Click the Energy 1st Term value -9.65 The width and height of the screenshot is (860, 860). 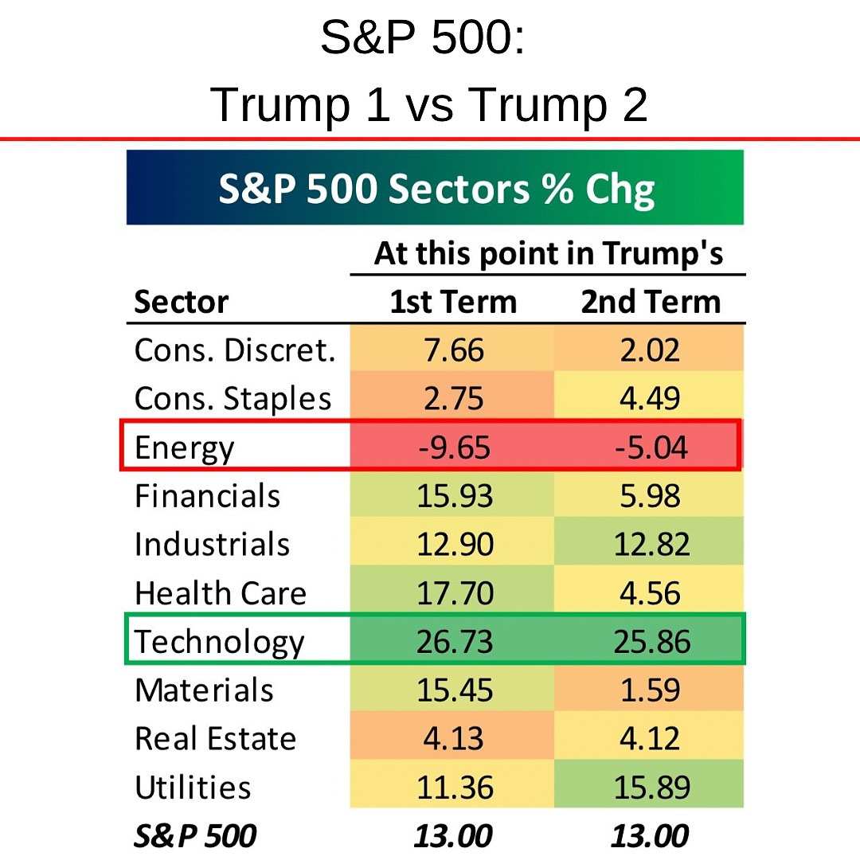pyautogui.click(x=455, y=448)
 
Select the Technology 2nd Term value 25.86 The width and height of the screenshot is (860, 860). pyautogui.click(x=651, y=642)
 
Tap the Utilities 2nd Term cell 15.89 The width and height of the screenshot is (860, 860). pyautogui.click(x=651, y=788)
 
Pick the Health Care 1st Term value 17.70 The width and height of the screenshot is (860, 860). pyautogui.click(x=455, y=593)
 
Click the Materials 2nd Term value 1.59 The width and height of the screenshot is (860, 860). pyautogui.click(x=651, y=690)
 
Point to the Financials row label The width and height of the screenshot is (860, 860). pyautogui.click(x=207, y=496)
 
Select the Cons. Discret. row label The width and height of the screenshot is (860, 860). pyautogui.click(x=235, y=350)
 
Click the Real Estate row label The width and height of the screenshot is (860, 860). pyautogui.click(x=215, y=739)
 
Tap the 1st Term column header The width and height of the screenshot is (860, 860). pyautogui.click(x=453, y=303)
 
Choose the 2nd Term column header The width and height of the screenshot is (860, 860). pyautogui.click(x=651, y=303)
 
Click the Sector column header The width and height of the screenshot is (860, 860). pyautogui.click(x=182, y=303)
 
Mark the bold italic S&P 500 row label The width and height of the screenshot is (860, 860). pyautogui.click(x=196, y=836)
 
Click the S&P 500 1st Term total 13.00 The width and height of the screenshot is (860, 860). pyautogui.click(x=453, y=836)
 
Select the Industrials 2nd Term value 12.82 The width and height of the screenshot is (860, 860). pyautogui.click(x=651, y=545)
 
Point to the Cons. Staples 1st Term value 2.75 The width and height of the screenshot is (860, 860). pyautogui.click(x=455, y=399)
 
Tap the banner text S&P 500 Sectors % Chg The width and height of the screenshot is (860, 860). pyautogui.click(x=436, y=189)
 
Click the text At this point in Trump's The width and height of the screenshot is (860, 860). pyautogui.click(x=549, y=254)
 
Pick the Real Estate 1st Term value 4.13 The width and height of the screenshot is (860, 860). pyautogui.click(x=455, y=739)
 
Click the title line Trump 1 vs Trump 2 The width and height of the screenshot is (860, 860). pyautogui.click(x=429, y=104)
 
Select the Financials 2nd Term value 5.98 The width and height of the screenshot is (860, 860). pyautogui.click(x=651, y=496)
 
